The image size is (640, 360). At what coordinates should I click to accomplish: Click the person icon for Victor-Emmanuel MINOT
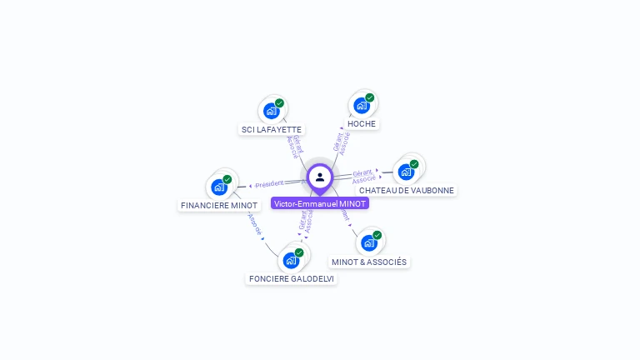click(320, 177)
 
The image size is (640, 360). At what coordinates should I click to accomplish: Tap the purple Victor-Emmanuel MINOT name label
click(320, 203)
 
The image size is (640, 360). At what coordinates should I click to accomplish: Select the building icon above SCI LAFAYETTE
click(271, 110)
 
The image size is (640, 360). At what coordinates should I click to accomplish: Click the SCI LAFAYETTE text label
click(272, 129)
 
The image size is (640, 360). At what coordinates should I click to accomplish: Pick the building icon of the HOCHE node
click(361, 105)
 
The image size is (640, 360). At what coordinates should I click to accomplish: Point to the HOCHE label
click(362, 123)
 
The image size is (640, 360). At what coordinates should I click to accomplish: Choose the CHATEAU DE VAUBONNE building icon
click(406, 172)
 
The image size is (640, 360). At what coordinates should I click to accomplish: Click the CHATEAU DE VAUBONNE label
click(407, 190)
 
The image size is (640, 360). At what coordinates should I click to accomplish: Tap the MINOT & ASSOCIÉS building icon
click(368, 242)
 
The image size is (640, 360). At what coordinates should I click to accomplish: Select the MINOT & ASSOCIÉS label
click(369, 262)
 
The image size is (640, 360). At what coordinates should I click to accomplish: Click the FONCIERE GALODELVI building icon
click(291, 260)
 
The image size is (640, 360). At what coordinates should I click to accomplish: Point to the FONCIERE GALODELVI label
click(292, 278)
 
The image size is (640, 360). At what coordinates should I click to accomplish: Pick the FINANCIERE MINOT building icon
click(219, 187)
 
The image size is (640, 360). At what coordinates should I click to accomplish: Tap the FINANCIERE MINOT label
click(219, 205)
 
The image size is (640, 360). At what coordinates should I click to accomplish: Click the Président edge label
click(269, 183)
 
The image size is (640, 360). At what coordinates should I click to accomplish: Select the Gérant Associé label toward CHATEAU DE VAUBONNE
click(362, 176)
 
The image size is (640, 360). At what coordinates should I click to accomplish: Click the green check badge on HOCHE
click(369, 97)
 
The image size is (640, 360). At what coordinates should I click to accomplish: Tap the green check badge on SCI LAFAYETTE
click(279, 102)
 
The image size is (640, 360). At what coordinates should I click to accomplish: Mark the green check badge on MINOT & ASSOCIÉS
click(377, 235)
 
